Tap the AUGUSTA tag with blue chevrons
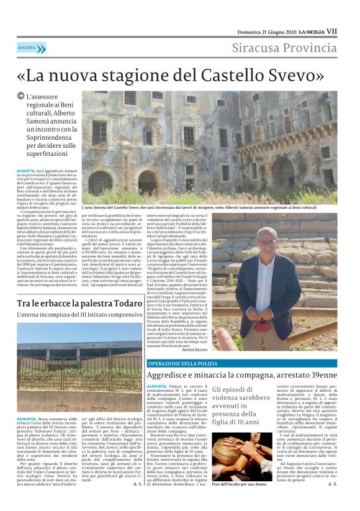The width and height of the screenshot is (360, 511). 32,48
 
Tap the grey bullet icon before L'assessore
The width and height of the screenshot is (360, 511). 20,95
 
